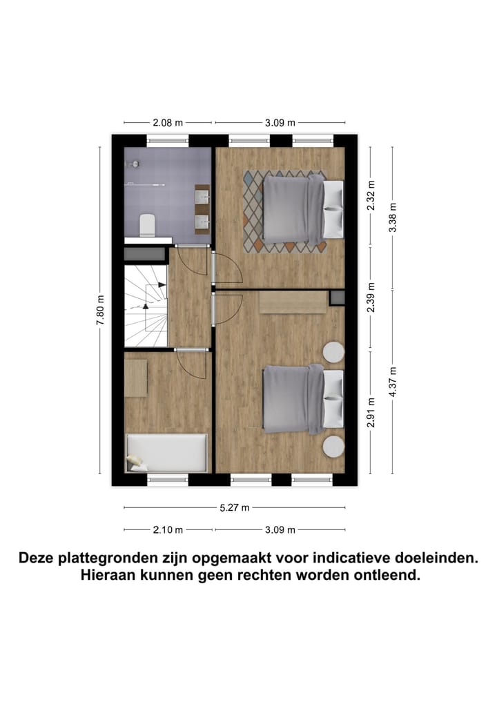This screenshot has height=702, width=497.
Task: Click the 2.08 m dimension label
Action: pyautogui.click(x=168, y=123)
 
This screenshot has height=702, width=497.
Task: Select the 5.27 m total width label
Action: pyautogui.click(x=235, y=508)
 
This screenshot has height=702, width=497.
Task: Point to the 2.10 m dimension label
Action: pyautogui.click(x=168, y=530)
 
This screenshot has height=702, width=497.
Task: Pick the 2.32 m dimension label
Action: pyautogui.click(x=371, y=195)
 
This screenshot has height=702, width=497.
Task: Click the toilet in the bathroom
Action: pyautogui.click(x=146, y=225)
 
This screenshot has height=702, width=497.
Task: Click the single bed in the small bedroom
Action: pyautogui.click(x=166, y=453)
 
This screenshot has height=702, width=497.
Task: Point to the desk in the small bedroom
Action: pyautogui.click(x=135, y=378)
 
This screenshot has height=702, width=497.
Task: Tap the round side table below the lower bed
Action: pyautogui.click(x=333, y=447)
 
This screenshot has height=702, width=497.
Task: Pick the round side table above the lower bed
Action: pyautogui.click(x=333, y=353)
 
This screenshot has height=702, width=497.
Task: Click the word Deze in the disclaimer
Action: pyautogui.click(x=39, y=557)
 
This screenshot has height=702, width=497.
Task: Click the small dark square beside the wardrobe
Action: pyautogui.click(x=337, y=298)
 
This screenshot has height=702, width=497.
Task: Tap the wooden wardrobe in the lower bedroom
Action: pyautogui.click(x=293, y=302)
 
